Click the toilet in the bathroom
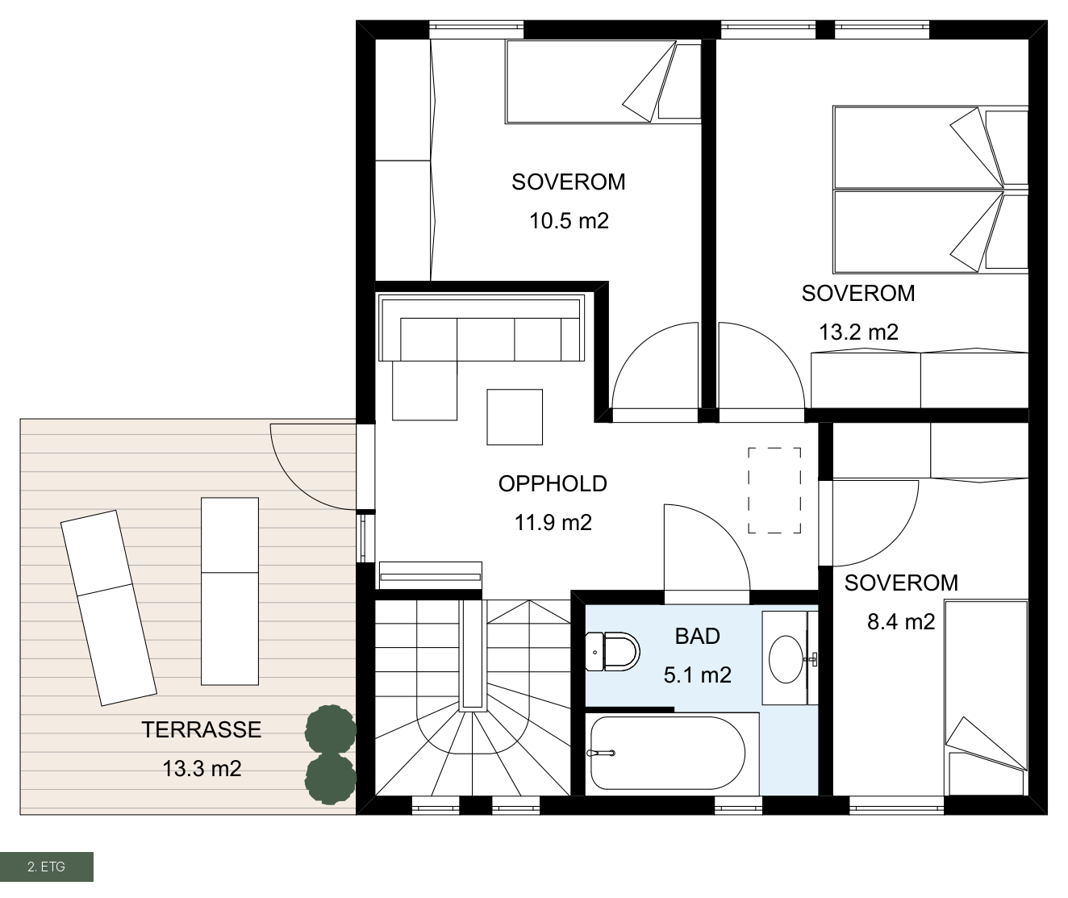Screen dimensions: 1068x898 point(612,652)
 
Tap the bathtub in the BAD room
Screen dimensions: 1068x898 point(668,753)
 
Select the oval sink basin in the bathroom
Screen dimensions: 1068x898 point(786,659)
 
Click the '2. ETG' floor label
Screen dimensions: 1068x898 point(47,867)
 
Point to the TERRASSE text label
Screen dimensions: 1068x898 point(202,729)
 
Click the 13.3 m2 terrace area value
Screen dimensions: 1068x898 point(202,769)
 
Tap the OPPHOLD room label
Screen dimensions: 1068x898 point(553,483)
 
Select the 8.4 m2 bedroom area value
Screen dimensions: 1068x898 point(901,622)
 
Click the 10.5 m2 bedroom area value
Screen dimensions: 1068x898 point(569,221)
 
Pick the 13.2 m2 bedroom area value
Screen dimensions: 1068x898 point(859,332)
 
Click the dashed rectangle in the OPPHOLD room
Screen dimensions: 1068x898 point(774,491)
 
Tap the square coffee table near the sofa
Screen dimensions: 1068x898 point(515,417)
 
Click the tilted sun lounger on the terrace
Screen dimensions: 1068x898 point(108,608)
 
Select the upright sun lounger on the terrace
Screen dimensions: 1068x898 point(230,591)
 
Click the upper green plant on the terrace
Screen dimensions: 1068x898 point(331,730)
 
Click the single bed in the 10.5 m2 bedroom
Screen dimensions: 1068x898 point(603,81)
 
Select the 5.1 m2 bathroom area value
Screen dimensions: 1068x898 point(697,675)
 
